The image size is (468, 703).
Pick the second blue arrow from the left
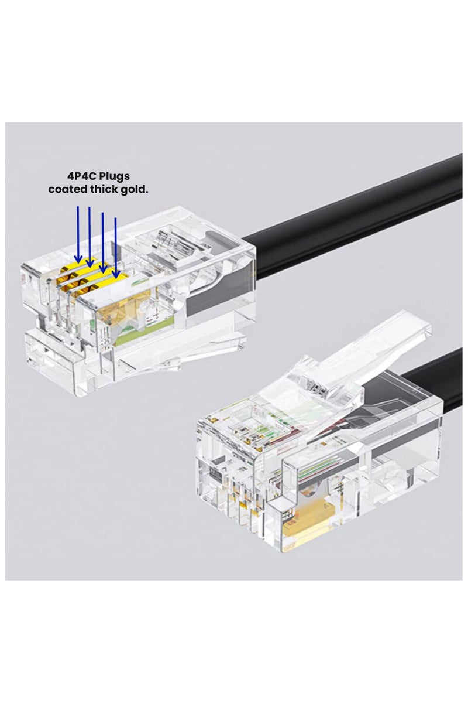tap(89, 234)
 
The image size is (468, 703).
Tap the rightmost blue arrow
tap(115, 246)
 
